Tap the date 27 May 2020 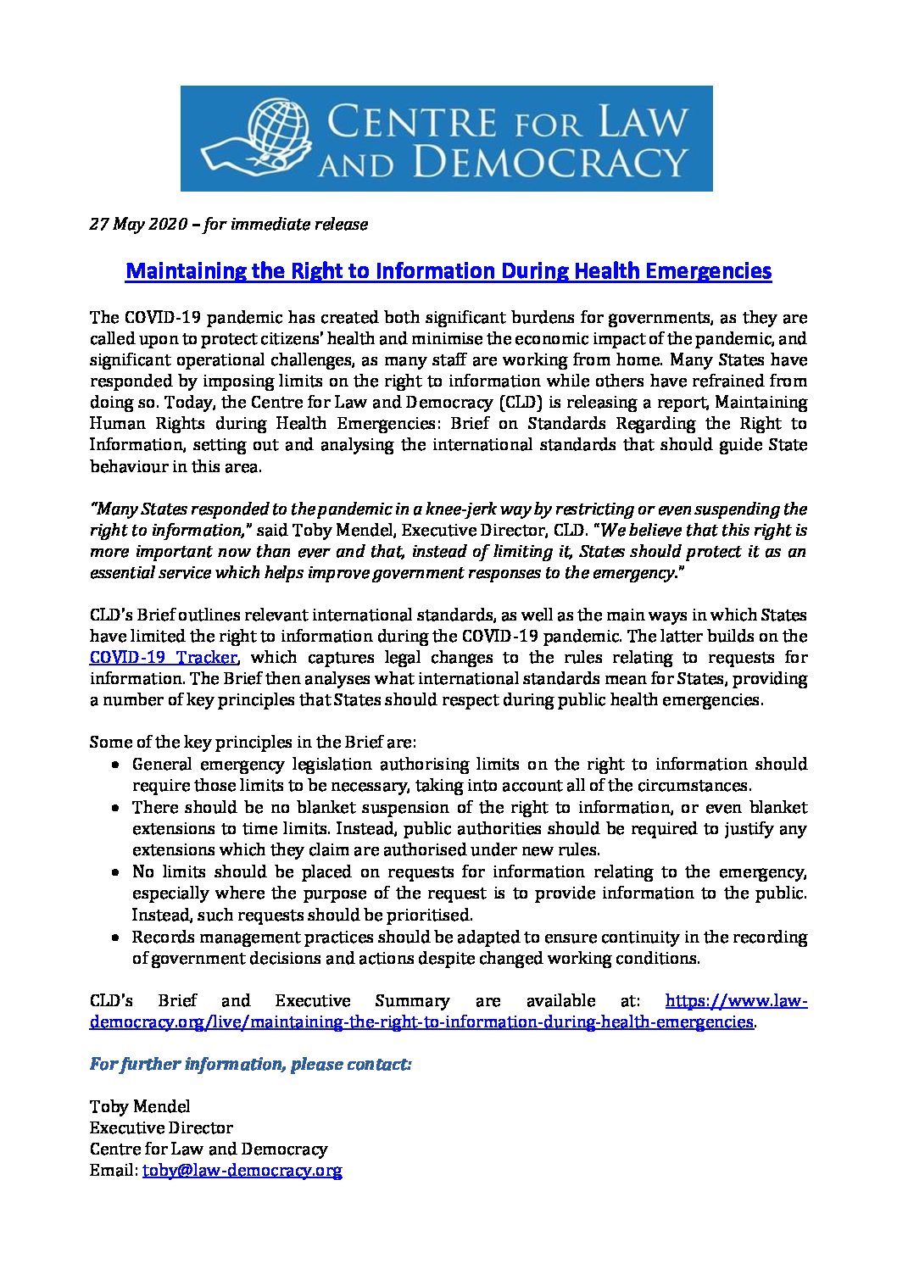click(x=134, y=225)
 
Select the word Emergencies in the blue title click(x=709, y=271)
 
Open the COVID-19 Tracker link click(x=164, y=658)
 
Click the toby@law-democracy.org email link click(x=242, y=1171)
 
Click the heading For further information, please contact click(x=250, y=1064)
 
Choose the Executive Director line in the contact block click(x=161, y=1128)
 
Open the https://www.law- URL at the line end click(x=736, y=1001)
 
